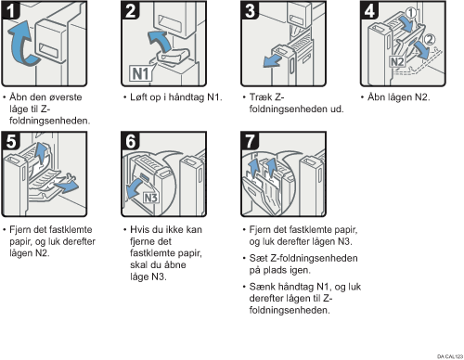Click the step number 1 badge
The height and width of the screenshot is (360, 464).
10,10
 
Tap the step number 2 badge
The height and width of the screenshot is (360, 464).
130,10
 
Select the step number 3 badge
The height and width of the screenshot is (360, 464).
250,10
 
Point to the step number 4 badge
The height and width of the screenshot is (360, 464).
369,10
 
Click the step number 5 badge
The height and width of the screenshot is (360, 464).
10,141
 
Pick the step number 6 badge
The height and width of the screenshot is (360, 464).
130,141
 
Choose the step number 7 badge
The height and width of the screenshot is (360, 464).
250,141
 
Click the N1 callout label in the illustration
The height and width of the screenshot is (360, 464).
141,73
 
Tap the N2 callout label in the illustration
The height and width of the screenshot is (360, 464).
397,62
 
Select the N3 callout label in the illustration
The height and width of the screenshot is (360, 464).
151,198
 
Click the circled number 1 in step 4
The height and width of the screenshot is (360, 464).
410,13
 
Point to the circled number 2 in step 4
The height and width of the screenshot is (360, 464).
429,40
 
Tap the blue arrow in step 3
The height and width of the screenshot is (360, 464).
272,61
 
